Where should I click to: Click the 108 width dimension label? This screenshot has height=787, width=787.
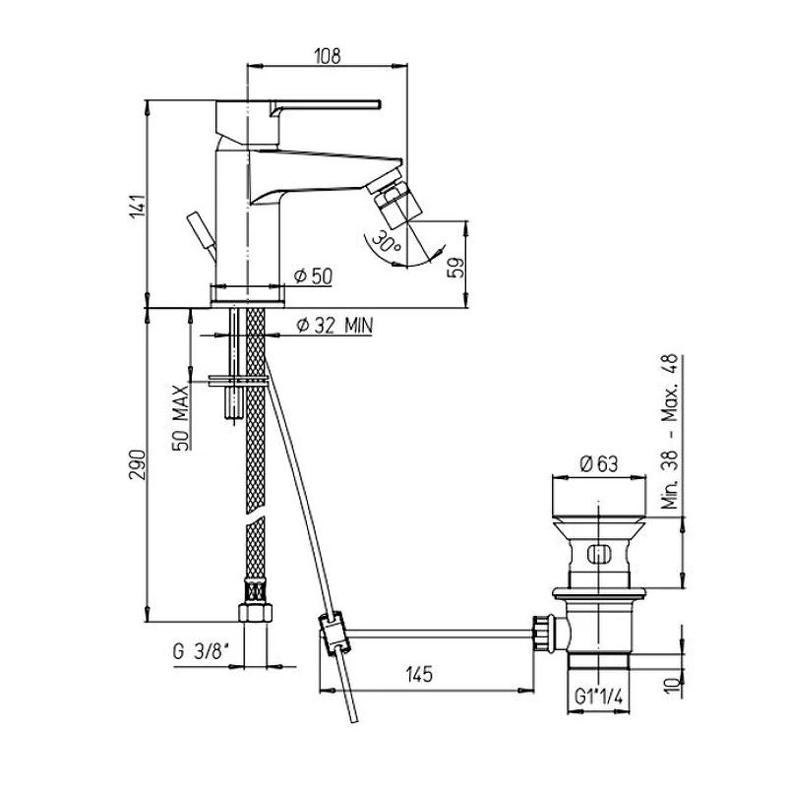coord(328,56)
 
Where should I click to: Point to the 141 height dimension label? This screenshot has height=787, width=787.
coord(138,209)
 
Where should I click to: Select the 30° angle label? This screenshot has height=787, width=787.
coord(390,242)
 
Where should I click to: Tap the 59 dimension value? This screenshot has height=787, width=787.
coord(455,268)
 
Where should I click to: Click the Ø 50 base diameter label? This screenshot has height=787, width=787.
coord(313,275)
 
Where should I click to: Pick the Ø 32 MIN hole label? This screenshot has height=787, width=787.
coord(334,326)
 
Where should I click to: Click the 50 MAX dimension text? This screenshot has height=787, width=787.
coord(181,417)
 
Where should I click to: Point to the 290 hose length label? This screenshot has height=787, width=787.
coord(138,464)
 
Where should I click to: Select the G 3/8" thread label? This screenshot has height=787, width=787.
coord(201,652)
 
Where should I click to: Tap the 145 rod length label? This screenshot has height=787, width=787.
coord(420,674)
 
